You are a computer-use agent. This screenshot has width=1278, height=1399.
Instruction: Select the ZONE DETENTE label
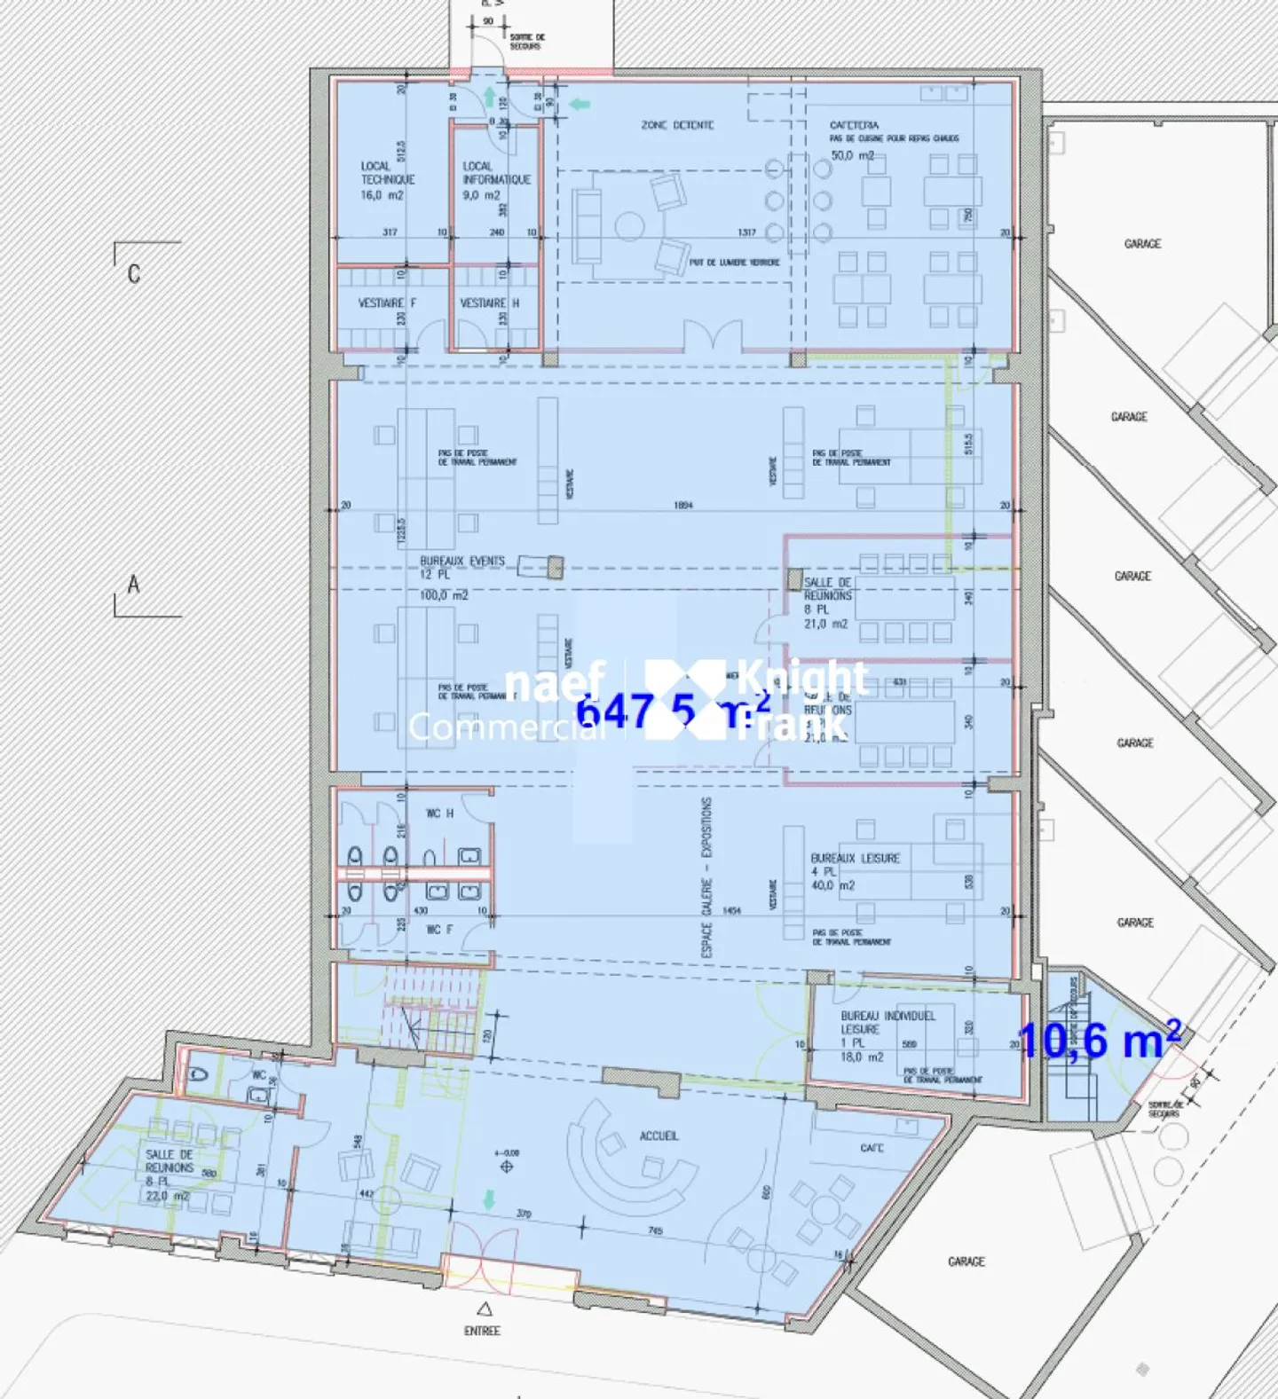coord(677,125)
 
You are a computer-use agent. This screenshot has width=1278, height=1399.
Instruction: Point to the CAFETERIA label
coord(854,125)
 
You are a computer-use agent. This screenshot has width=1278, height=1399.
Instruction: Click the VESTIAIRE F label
coord(387,303)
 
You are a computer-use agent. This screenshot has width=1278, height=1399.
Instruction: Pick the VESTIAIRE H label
coord(489,303)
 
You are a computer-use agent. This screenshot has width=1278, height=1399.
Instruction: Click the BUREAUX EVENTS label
coord(461,562)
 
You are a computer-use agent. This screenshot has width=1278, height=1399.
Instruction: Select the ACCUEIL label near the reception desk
coord(659,1136)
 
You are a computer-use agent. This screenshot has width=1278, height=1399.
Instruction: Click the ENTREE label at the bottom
coord(482,1331)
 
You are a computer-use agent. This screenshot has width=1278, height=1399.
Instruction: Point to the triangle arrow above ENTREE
coord(484,1309)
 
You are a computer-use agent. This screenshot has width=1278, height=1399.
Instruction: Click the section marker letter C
coord(134,273)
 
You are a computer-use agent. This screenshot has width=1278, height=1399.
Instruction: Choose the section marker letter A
coord(133,585)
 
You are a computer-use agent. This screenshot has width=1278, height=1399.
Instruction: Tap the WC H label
coord(439,813)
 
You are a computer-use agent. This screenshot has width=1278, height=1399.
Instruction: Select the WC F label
coord(439,930)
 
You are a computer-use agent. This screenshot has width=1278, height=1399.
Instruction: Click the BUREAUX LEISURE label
coord(855,859)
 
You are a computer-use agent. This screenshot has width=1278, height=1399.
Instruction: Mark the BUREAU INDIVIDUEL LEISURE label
coord(887,1022)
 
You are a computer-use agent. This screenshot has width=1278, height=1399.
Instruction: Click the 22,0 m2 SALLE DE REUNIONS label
coord(169,1175)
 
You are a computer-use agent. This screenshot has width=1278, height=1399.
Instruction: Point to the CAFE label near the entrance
coord(872,1148)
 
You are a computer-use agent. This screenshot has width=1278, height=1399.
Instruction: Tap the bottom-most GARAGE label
coord(966,1261)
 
